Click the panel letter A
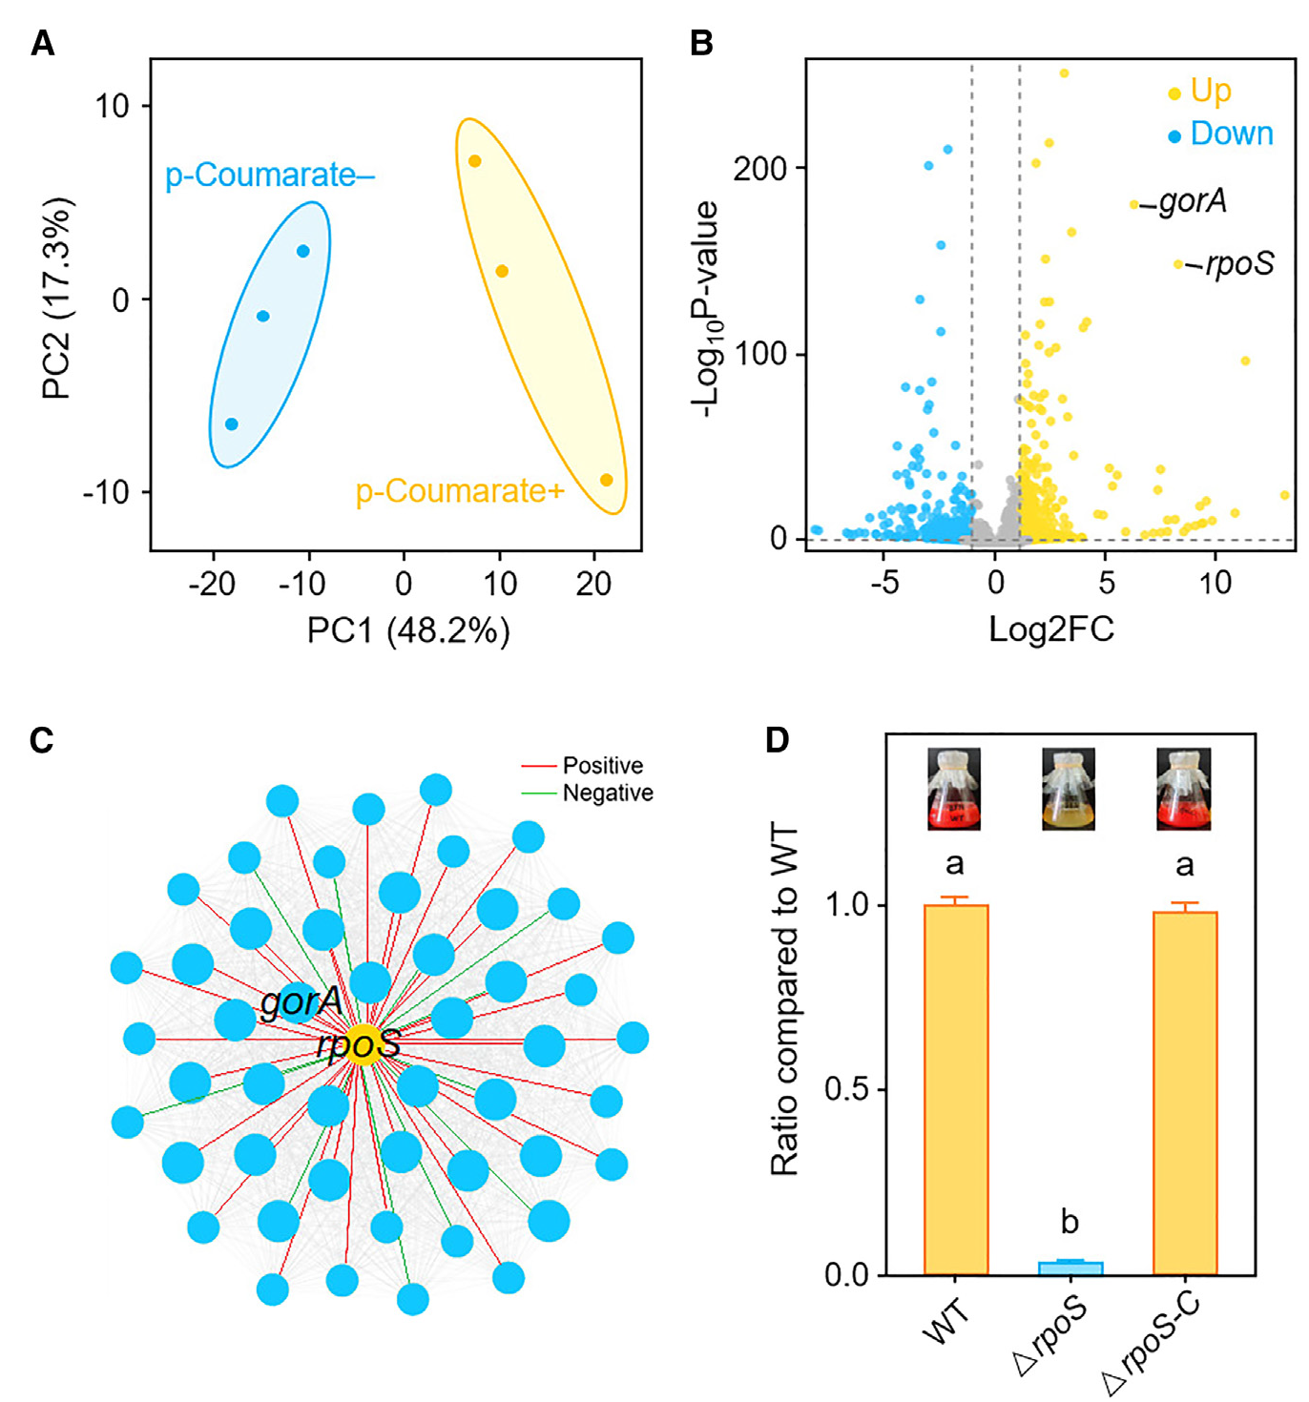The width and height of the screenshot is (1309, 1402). pos(42,43)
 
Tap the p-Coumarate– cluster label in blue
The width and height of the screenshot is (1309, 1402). pos(270,175)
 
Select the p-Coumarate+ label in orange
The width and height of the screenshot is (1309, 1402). pos(460,491)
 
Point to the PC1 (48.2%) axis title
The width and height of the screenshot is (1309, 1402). pos(408,630)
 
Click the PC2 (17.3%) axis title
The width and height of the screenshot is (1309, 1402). pos(57,299)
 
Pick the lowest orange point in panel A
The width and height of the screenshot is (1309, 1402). pos(606,480)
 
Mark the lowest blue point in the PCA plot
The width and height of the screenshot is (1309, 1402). pos(231,424)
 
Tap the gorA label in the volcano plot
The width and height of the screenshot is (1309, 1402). pos(1193,201)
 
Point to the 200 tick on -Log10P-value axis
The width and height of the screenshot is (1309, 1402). pos(759,169)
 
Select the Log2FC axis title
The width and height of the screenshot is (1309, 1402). pos(1050,629)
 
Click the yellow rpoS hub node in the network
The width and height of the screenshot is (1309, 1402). pos(362,1045)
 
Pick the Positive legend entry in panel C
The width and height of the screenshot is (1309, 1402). pos(602,766)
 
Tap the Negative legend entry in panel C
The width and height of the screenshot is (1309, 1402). pos(607,794)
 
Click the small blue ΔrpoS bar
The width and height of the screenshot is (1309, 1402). pos(1070,1268)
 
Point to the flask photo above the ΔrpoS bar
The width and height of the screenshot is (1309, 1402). pos(1069,789)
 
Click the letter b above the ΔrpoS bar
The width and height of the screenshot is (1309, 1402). pos(1070,1222)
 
